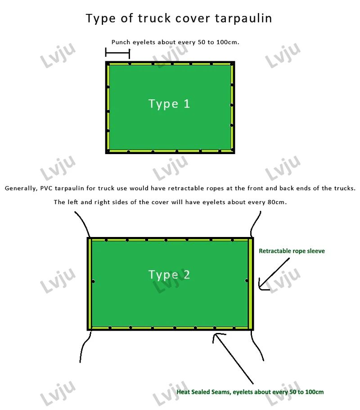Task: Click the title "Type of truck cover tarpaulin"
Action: click(x=179, y=18)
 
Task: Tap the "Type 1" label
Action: click(x=169, y=104)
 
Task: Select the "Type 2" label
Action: click(x=169, y=274)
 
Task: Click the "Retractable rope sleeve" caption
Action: click(x=292, y=251)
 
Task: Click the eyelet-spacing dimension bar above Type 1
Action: click(x=117, y=53)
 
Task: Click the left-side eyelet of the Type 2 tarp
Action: click(x=93, y=282)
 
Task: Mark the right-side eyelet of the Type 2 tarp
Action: click(x=247, y=281)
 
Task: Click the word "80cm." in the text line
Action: click(x=276, y=202)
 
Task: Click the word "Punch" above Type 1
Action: click(x=121, y=42)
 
